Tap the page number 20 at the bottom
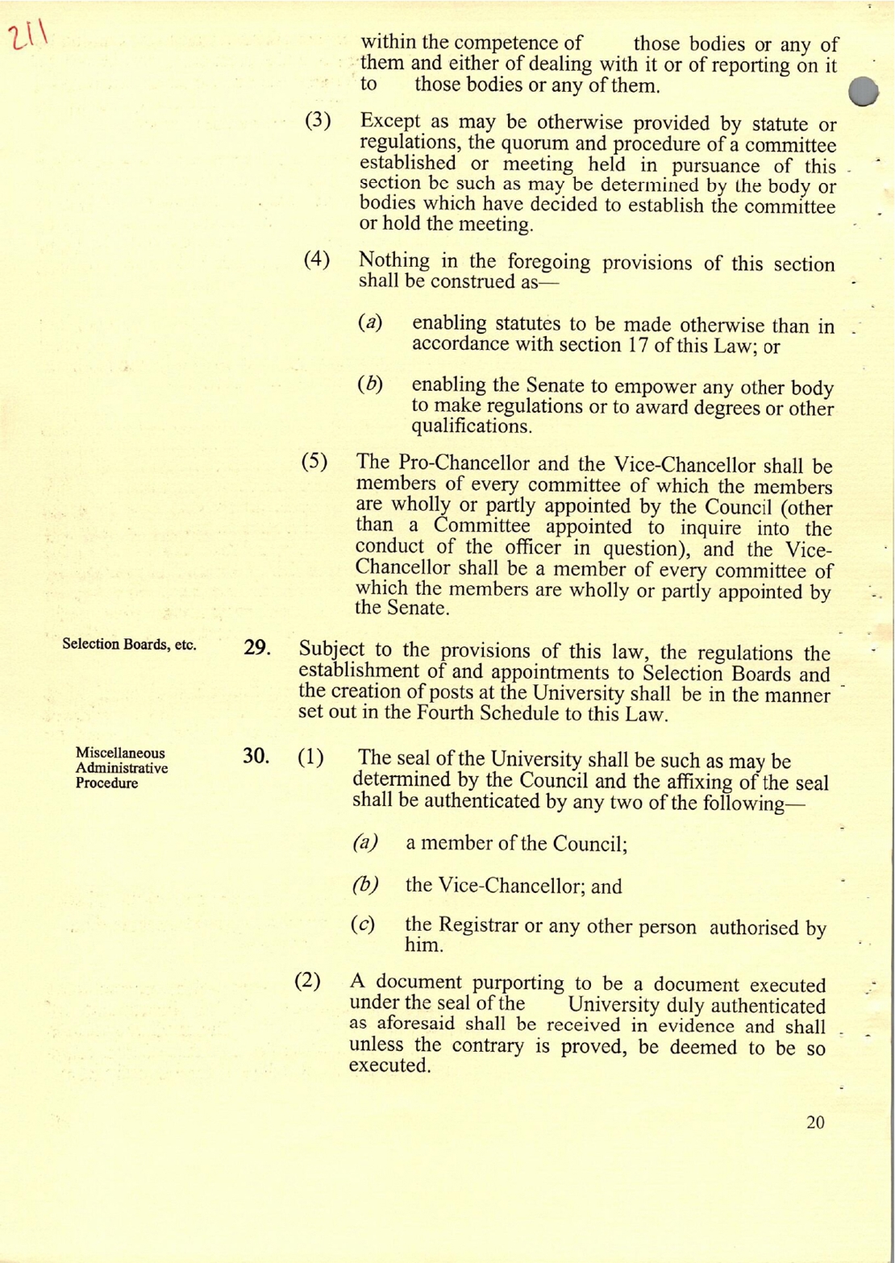815,1122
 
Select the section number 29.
256,650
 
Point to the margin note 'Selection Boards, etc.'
129,645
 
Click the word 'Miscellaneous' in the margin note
120,753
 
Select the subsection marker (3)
318,123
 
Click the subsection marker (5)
314,463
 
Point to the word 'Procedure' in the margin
106,783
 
